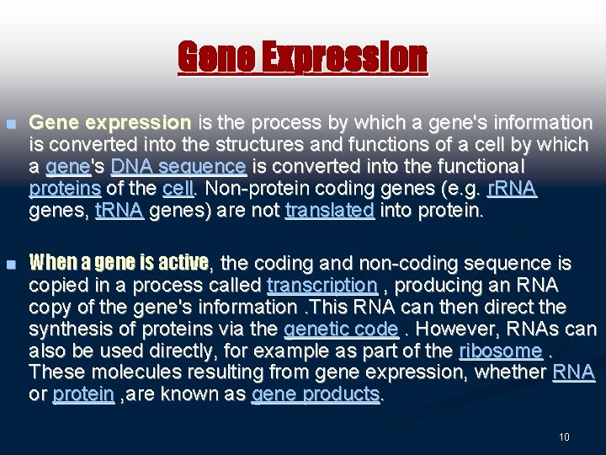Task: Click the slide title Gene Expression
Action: [303, 57]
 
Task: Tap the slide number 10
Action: [564, 436]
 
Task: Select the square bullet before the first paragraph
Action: [12, 124]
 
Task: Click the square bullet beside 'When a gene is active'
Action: [12, 265]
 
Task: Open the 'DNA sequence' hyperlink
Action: [178, 167]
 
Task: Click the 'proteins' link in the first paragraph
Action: [65, 189]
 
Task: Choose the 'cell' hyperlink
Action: [178, 189]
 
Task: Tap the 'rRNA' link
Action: [512, 189]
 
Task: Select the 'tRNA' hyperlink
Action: [120, 210]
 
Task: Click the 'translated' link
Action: [330, 210]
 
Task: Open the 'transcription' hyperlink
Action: [322, 286]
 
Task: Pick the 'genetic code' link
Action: [341, 329]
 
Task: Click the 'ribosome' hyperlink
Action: [501, 351]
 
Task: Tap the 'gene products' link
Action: [316, 393]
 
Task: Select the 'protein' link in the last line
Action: [83, 393]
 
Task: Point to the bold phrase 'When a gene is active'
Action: [119, 263]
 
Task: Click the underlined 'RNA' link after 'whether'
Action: [573, 372]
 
